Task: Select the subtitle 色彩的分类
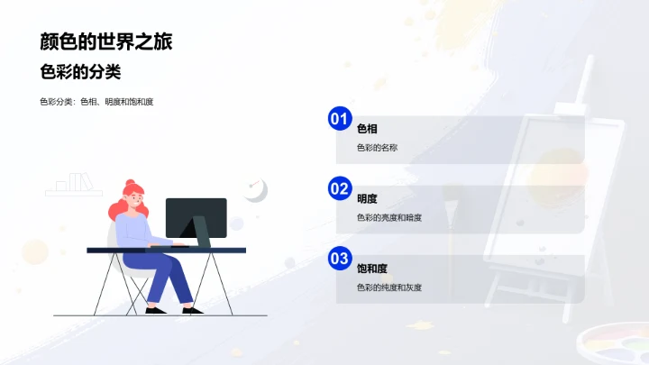coord(80,72)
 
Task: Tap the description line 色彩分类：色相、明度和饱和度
coord(96,102)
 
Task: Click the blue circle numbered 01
coord(339,118)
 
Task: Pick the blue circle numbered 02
coord(339,188)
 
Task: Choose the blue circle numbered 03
coord(339,259)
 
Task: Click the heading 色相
coord(367,129)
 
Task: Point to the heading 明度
coord(367,199)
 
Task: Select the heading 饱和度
coord(371,269)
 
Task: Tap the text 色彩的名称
coord(377,147)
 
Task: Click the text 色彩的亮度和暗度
coord(389,217)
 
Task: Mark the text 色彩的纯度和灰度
coord(389,287)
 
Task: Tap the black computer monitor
coord(196,217)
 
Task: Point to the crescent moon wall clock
coord(257,190)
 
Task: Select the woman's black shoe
coord(155,311)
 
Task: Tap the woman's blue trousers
coord(167,275)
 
